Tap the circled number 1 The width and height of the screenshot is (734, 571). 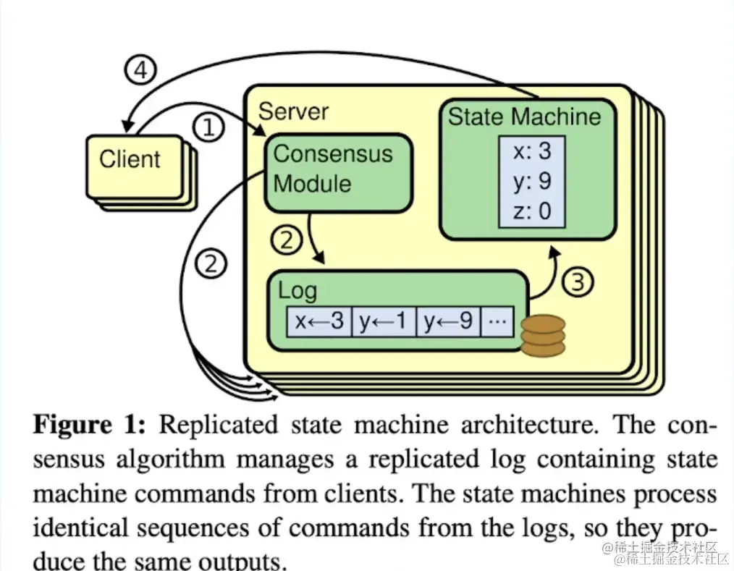click(208, 128)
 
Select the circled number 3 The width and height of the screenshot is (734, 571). click(578, 282)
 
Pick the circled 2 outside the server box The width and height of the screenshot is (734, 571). click(211, 264)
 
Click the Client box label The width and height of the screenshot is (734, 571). click(130, 158)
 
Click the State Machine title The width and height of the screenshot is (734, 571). click(525, 117)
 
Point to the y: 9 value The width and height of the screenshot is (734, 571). click(532, 181)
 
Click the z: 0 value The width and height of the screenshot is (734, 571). click(532, 211)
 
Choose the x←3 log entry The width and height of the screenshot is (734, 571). click(319, 321)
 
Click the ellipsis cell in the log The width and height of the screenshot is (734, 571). click(497, 321)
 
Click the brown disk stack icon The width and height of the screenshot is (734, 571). click(542, 337)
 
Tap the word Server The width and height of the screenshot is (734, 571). click(293, 111)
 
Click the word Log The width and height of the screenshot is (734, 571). click(298, 291)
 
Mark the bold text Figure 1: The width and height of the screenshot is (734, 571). click(90, 425)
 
